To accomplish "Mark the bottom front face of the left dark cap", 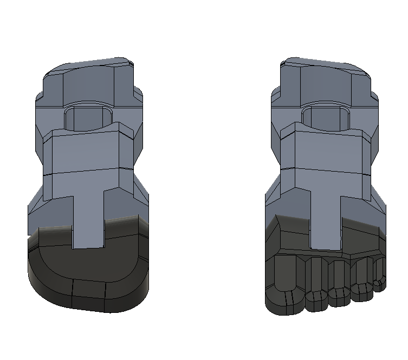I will (x=89, y=295).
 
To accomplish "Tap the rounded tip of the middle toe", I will (x=339, y=298).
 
